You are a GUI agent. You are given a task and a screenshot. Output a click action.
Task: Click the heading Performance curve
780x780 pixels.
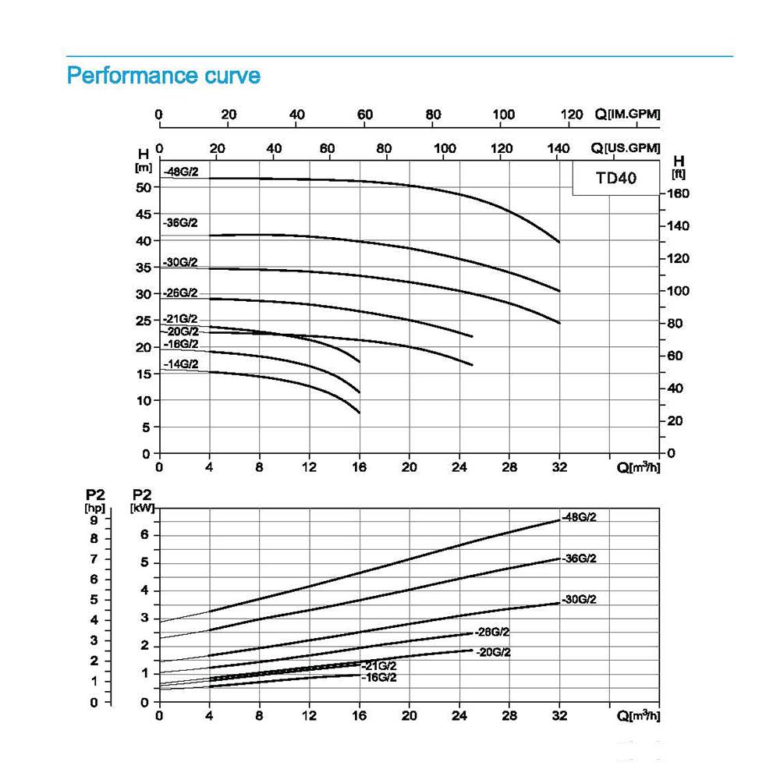pos(164,76)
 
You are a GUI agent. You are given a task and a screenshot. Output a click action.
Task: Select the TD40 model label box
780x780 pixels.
pos(616,178)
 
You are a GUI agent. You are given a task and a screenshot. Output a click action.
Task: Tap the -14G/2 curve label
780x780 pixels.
pos(181,364)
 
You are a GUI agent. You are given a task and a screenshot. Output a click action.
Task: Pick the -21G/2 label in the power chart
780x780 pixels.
pos(380,665)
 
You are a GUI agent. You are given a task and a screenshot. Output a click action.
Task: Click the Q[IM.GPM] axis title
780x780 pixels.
pos(627,115)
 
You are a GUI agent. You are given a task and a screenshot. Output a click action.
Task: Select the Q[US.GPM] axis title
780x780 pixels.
pos(627,148)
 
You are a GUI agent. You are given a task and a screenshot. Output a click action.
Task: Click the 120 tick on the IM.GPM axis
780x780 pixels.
pos(573,115)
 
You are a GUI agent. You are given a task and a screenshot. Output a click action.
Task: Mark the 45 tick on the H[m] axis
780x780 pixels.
pos(143,214)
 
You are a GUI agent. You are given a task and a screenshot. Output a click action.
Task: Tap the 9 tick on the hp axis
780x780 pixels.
pos(94,520)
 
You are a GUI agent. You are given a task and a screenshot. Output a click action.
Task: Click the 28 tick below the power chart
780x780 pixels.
pos(509,716)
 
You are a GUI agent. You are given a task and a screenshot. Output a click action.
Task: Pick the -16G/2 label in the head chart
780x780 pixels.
pos(181,344)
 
